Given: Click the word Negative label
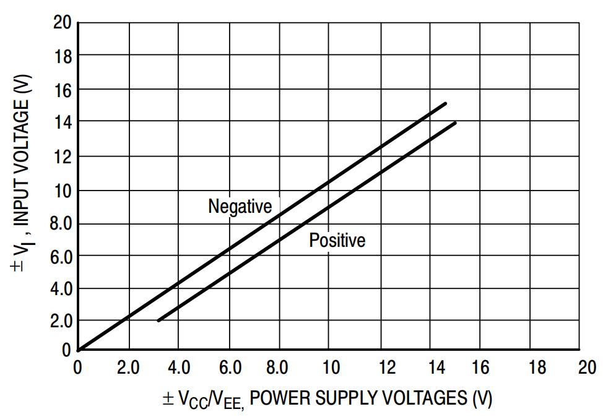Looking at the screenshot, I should click(240, 206).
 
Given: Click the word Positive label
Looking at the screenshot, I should click(337, 240).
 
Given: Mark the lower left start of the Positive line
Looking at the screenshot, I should click(158, 320).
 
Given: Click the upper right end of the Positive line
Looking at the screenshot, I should click(456, 123).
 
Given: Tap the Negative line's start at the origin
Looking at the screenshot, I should click(79, 350).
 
